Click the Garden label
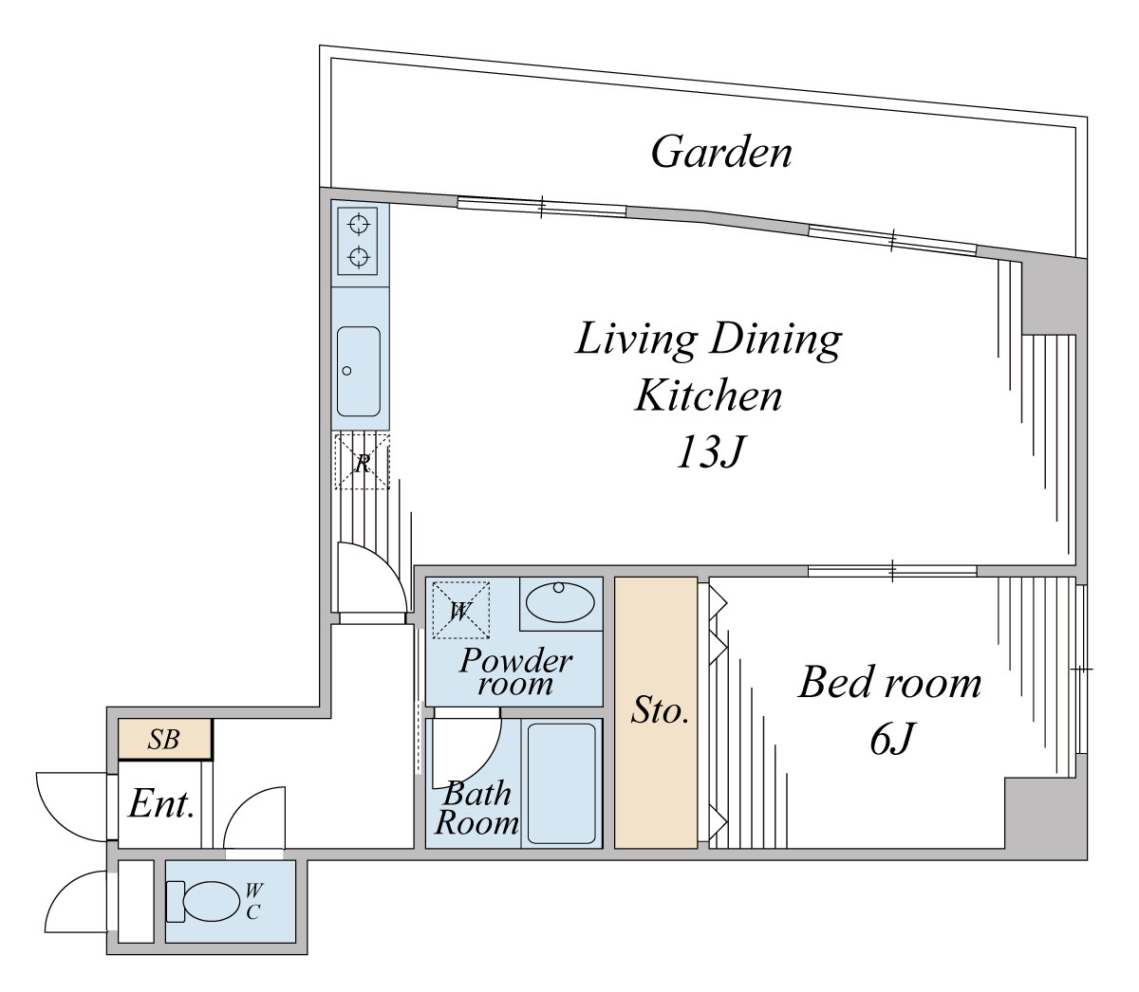pyautogui.click(x=721, y=152)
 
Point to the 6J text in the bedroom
pyautogui.click(x=891, y=739)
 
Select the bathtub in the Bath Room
pyautogui.click(x=561, y=783)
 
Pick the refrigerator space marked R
pyautogui.click(x=362, y=462)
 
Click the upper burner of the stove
pyautogui.click(x=359, y=225)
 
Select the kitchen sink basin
pyautogui.click(x=359, y=371)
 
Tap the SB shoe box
pyautogui.click(x=165, y=739)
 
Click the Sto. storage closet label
pyautogui.click(x=660, y=711)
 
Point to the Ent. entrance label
pyautogui.click(x=161, y=804)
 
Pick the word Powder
pyautogui.click(x=516, y=661)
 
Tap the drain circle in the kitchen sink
pyautogui.click(x=346, y=371)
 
